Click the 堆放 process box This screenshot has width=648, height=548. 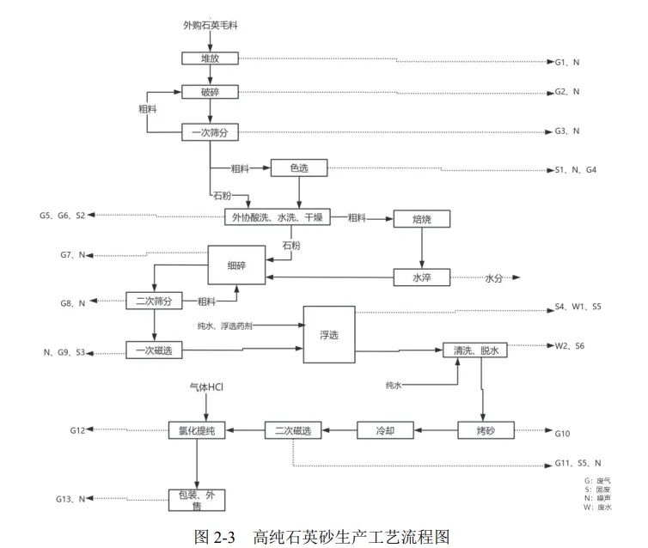(211, 58)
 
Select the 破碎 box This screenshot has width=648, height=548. (211, 93)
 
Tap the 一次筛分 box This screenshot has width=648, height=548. (211, 132)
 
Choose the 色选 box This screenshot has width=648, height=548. (299, 168)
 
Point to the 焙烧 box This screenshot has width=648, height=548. (421, 219)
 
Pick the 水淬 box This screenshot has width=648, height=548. (421, 277)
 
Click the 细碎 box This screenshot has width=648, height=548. (235, 267)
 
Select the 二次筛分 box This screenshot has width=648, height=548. (155, 301)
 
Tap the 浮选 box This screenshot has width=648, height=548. (327, 333)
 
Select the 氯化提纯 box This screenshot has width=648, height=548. (197, 429)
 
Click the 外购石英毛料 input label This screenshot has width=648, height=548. (211, 26)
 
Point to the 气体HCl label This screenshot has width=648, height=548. (206, 388)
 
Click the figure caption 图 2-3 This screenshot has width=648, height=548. (214, 537)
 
